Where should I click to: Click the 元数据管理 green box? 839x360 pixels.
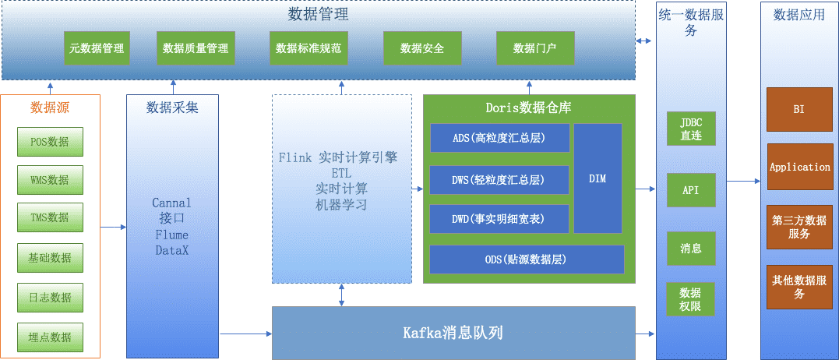click(97, 48)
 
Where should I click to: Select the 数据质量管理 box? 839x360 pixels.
click(196, 48)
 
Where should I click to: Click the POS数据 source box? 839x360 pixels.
click(50, 142)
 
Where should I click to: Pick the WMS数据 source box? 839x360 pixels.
click(50, 180)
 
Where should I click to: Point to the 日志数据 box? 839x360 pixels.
click(50, 298)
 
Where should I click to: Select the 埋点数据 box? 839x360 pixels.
click(50, 337)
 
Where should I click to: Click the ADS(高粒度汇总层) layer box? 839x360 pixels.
click(499, 138)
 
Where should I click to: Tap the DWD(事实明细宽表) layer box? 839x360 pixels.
click(499, 219)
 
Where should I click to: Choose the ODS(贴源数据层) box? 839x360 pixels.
click(527, 259)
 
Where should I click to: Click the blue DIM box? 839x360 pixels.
click(598, 178)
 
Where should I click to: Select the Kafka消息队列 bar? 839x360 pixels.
click(453, 334)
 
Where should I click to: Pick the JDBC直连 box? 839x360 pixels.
click(691, 129)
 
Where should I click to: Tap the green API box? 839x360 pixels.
click(691, 190)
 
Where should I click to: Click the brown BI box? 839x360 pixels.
click(799, 110)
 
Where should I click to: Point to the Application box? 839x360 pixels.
click(799, 167)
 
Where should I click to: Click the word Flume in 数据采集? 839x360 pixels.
click(171, 235)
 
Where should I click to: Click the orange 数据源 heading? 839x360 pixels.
click(50, 108)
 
